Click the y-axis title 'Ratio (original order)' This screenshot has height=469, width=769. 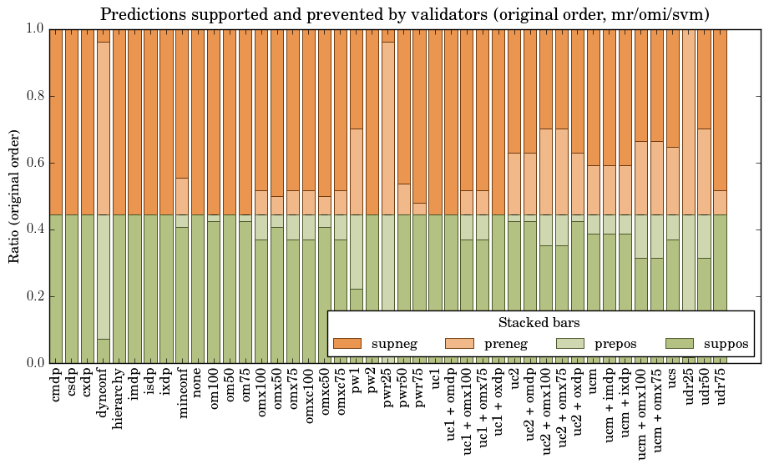14,195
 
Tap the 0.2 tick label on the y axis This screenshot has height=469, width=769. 33,296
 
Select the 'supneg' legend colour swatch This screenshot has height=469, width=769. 347,343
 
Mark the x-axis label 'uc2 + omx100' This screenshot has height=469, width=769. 546,412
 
